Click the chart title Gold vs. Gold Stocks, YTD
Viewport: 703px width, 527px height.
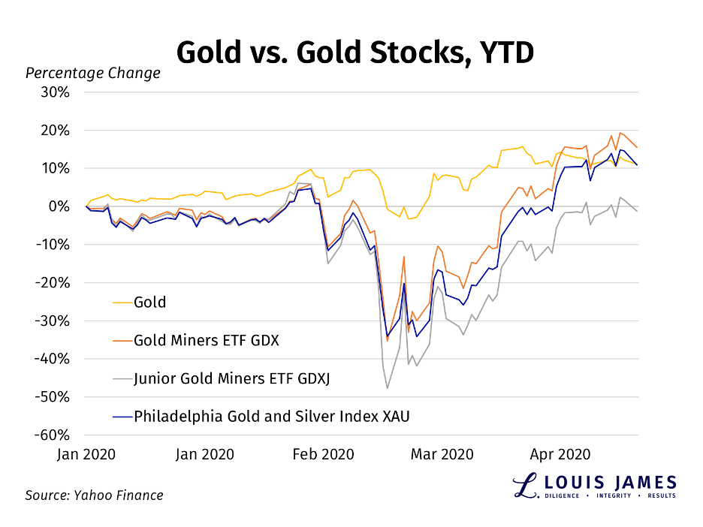point(355,53)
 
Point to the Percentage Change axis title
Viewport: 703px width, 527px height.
point(92,73)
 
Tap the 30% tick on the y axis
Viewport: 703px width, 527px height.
point(57,92)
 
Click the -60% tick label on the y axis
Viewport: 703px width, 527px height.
point(55,435)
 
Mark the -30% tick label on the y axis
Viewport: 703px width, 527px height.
point(55,321)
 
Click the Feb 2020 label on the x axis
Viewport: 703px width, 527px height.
point(323,454)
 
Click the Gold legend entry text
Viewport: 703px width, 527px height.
point(149,303)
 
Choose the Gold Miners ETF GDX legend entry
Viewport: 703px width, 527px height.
point(206,340)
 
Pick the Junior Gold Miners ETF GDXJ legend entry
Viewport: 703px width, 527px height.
point(231,378)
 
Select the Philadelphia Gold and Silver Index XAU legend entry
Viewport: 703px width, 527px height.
point(271,415)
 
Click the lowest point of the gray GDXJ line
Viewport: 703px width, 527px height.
point(388,388)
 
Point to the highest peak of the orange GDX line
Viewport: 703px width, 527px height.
point(620,133)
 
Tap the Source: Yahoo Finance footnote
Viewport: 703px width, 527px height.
point(94,495)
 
